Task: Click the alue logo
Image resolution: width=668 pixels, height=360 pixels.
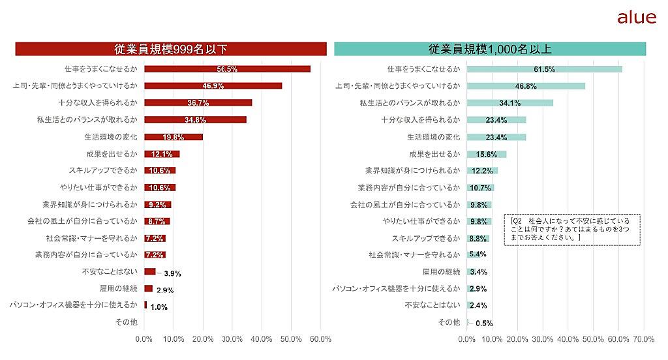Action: click(x=636, y=18)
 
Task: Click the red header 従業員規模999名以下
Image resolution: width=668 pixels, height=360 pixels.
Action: click(x=170, y=49)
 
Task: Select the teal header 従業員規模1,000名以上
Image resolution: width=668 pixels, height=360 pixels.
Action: click(x=490, y=49)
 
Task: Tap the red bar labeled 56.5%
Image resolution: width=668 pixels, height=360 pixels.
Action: click(x=227, y=68)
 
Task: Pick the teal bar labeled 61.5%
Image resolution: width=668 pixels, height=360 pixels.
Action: click(x=544, y=69)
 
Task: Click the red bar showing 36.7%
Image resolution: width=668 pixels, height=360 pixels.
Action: click(x=198, y=102)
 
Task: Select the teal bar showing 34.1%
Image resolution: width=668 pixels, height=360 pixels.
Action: click(x=509, y=103)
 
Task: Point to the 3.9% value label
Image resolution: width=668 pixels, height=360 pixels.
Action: click(x=172, y=273)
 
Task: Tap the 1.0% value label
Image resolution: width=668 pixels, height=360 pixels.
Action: click(x=159, y=307)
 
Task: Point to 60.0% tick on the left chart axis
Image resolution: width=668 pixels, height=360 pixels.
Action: click(x=320, y=339)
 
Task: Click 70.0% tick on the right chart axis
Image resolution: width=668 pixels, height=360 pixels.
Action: click(x=644, y=339)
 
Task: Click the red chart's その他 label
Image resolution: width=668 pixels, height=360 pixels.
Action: click(x=126, y=322)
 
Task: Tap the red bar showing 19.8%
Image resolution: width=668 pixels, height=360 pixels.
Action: click(x=173, y=137)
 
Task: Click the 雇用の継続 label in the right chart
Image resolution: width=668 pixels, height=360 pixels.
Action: click(x=442, y=271)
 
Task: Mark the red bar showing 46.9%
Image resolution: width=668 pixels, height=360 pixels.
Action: click(x=213, y=85)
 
